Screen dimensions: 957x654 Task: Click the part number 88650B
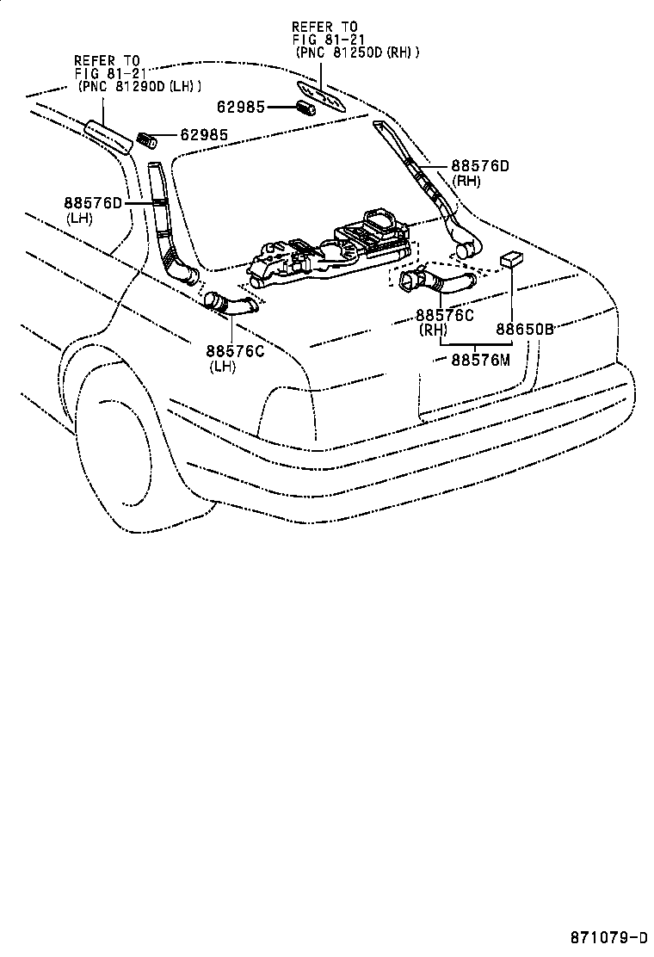(524, 328)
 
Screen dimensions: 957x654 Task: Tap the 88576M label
(480, 360)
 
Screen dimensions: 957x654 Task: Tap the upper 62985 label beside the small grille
(242, 107)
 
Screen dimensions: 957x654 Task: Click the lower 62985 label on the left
(204, 135)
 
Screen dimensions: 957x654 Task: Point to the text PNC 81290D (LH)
(139, 86)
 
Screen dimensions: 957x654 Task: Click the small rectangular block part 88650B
(511, 260)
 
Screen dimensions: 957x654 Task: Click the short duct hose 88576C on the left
(230, 304)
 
